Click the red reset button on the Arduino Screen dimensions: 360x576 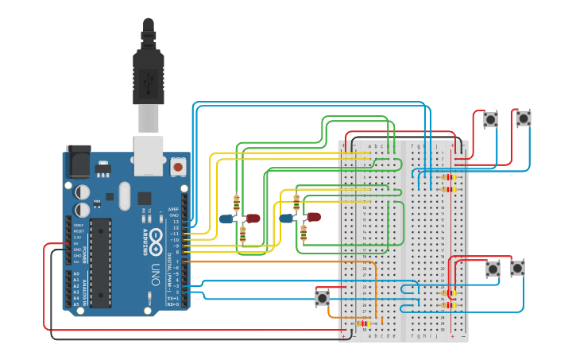click(178, 167)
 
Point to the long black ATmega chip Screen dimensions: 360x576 click(100, 262)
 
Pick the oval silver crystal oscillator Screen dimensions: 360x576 click(123, 195)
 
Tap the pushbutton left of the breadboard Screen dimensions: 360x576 click(322, 298)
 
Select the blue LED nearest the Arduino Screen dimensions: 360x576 click(226, 219)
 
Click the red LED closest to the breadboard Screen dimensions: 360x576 click(314, 216)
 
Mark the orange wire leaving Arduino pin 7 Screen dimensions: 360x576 click(262, 261)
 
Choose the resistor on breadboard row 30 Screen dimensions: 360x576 click(365, 323)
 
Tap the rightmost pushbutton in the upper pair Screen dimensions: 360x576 click(523, 118)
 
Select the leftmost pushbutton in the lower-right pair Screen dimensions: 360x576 click(493, 269)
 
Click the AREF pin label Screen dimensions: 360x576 click(174, 209)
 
